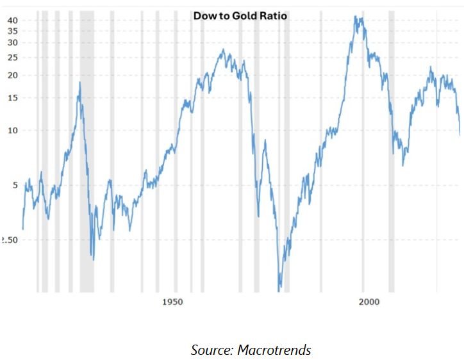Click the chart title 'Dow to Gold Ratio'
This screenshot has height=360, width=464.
click(240, 15)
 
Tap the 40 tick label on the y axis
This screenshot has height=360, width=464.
click(12, 20)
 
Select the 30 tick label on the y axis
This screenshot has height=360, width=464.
click(12, 42)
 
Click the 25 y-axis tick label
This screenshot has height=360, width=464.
click(12, 58)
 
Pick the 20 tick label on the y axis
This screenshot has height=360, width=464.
click(12, 75)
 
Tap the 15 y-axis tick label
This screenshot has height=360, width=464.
click(12, 98)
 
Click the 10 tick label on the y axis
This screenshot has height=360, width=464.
click(12, 130)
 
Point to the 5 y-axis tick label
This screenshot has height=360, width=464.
click(14, 185)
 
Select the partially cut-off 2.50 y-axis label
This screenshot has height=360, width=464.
click(8, 240)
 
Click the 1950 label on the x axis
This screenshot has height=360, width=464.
click(172, 302)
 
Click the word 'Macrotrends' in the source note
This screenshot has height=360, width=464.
click(274, 350)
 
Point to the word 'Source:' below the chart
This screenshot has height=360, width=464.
click(212, 350)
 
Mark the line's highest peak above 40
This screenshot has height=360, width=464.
click(356, 17)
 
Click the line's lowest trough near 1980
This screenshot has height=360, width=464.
click(279, 290)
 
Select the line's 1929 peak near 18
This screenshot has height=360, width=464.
click(79, 82)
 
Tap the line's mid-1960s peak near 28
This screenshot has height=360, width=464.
click(223, 50)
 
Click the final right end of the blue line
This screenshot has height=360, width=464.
click(460, 135)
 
